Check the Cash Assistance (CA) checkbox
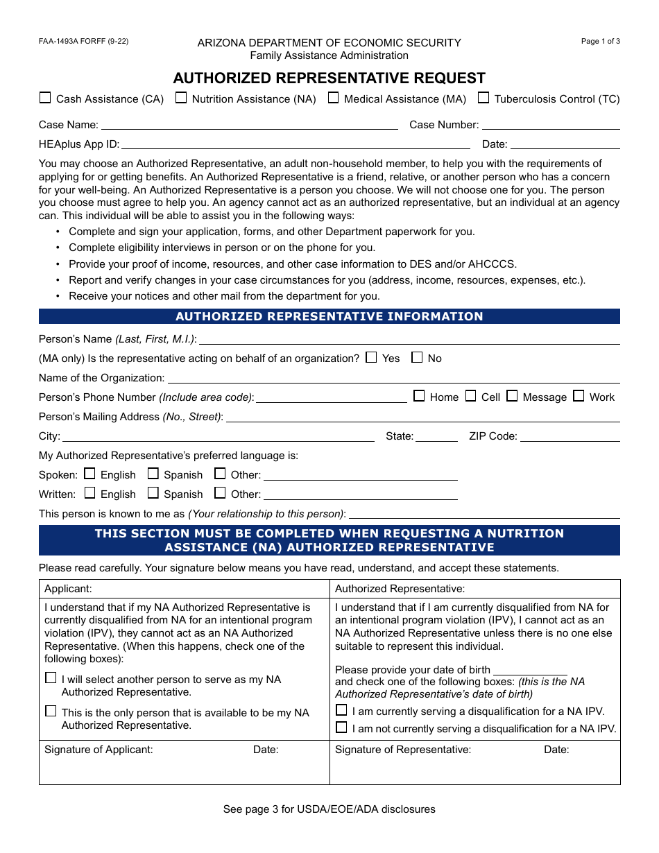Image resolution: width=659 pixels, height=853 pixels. [x=45, y=98]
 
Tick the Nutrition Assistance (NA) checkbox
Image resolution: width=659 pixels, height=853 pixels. [x=181, y=98]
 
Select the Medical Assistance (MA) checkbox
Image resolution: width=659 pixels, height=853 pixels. [x=333, y=98]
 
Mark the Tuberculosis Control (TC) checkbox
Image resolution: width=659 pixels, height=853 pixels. [x=483, y=98]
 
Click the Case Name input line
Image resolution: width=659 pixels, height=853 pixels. [x=249, y=125]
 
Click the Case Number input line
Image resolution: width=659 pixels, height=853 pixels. [x=551, y=125]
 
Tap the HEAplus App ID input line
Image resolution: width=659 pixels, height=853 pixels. [x=296, y=144]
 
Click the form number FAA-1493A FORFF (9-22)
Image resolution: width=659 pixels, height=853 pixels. [x=83, y=41]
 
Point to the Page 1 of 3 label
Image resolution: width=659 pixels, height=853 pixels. [x=600, y=41]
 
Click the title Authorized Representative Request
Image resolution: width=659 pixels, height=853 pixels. [x=329, y=78]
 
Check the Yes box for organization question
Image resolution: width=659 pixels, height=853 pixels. [x=371, y=358]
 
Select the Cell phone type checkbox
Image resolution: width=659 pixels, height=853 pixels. [x=470, y=396]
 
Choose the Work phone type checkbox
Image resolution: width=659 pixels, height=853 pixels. [x=579, y=396]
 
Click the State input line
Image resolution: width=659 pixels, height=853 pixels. [x=436, y=437]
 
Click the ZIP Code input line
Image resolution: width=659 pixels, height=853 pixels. [x=570, y=437]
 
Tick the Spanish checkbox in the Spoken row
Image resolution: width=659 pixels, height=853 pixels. [x=153, y=474]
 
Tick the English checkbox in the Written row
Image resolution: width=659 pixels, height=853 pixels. [x=89, y=493]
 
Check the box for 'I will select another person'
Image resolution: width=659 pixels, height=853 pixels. [x=51, y=678]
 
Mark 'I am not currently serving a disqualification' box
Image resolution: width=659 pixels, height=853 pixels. [x=341, y=727]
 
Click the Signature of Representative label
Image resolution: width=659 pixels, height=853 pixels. [x=403, y=750]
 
